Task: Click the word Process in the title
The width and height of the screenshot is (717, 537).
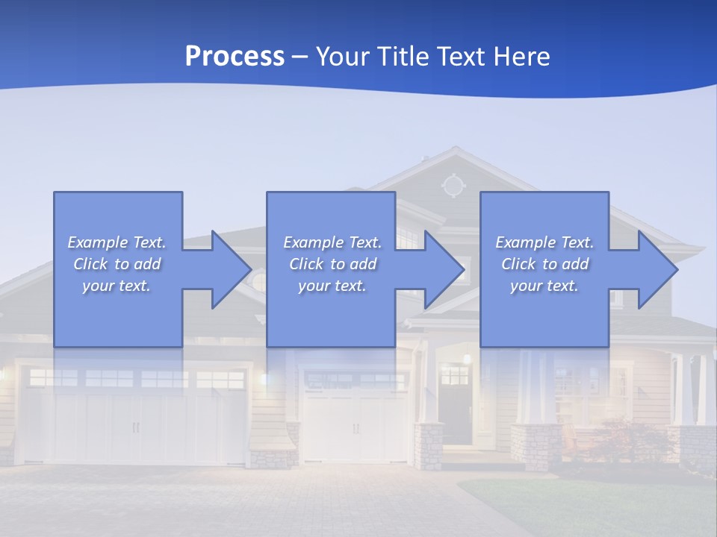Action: point(235,57)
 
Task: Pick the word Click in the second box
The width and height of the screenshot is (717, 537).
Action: point(305,264)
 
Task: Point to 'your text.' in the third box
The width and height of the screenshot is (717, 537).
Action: point(544,286)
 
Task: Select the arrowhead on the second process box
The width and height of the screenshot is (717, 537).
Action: point(444,269)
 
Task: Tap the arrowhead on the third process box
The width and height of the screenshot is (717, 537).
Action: point(657,269)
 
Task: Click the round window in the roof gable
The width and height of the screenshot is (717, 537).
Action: point(452,185)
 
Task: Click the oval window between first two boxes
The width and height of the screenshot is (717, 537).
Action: point(258,282)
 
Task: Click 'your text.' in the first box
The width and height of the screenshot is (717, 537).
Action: point(117,286)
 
